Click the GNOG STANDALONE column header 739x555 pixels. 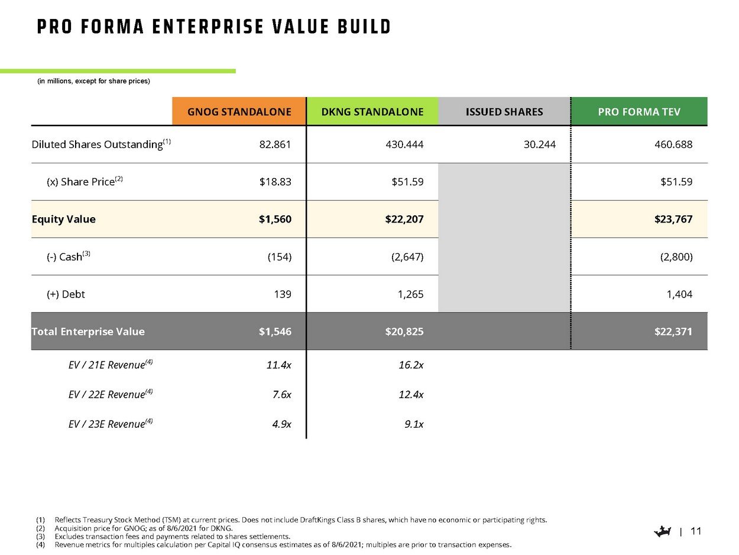(x=239, y=112)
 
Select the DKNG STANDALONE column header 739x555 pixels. (x=372, y=112)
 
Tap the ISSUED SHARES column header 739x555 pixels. (x=504, y=112)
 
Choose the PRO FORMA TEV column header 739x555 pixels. (x=639, y=112)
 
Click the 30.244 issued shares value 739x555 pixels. (x=540, y=144)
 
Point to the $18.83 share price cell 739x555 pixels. (x=275, y=182)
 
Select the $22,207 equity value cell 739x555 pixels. (x=404, y=219)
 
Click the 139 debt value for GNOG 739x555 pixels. (x=283, y=294)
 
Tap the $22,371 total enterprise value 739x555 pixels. (x=673, y=331)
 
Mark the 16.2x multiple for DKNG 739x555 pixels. (x=411, y=365)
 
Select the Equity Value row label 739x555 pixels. (x=63, y=219)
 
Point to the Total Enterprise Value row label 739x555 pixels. (x=88, y=331)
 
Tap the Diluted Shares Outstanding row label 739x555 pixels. (x=97, y=144)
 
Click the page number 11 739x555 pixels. (x=696, y=531)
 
